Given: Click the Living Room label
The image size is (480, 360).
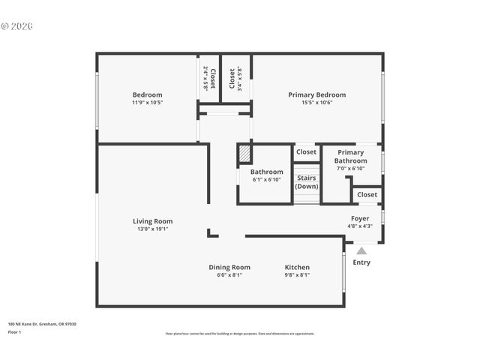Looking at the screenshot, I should coord(153,221).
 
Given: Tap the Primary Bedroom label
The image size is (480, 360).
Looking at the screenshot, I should coord(317,94).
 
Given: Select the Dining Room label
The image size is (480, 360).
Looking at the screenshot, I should coord(229,267).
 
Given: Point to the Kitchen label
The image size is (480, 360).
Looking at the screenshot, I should coord(297,267).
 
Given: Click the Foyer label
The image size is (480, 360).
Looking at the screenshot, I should coord(360,218).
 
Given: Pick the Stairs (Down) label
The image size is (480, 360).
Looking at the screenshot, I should coord(306,182).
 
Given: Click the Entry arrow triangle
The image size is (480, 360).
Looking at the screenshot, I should coord(361,251).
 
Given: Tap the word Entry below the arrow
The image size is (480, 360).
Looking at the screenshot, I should coord(361,262).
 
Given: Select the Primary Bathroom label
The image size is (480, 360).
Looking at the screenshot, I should coord(351,157).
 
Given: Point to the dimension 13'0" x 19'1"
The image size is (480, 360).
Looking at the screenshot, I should coord(153,229).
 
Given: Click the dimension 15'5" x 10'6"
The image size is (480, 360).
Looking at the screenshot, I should coord(317,103).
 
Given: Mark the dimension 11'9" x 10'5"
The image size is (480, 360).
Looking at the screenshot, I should coord(147,103).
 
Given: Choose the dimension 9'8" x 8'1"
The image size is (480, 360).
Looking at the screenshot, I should coord(297,275).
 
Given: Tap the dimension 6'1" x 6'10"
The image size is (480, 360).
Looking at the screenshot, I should coord(266,180).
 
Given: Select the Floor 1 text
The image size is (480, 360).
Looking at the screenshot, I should coord(15,332).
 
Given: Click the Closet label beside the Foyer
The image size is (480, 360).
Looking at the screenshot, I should coord(367,195).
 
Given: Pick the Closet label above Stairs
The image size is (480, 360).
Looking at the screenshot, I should coord(306,152).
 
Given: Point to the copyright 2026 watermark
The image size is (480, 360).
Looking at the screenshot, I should coord(17,25).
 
